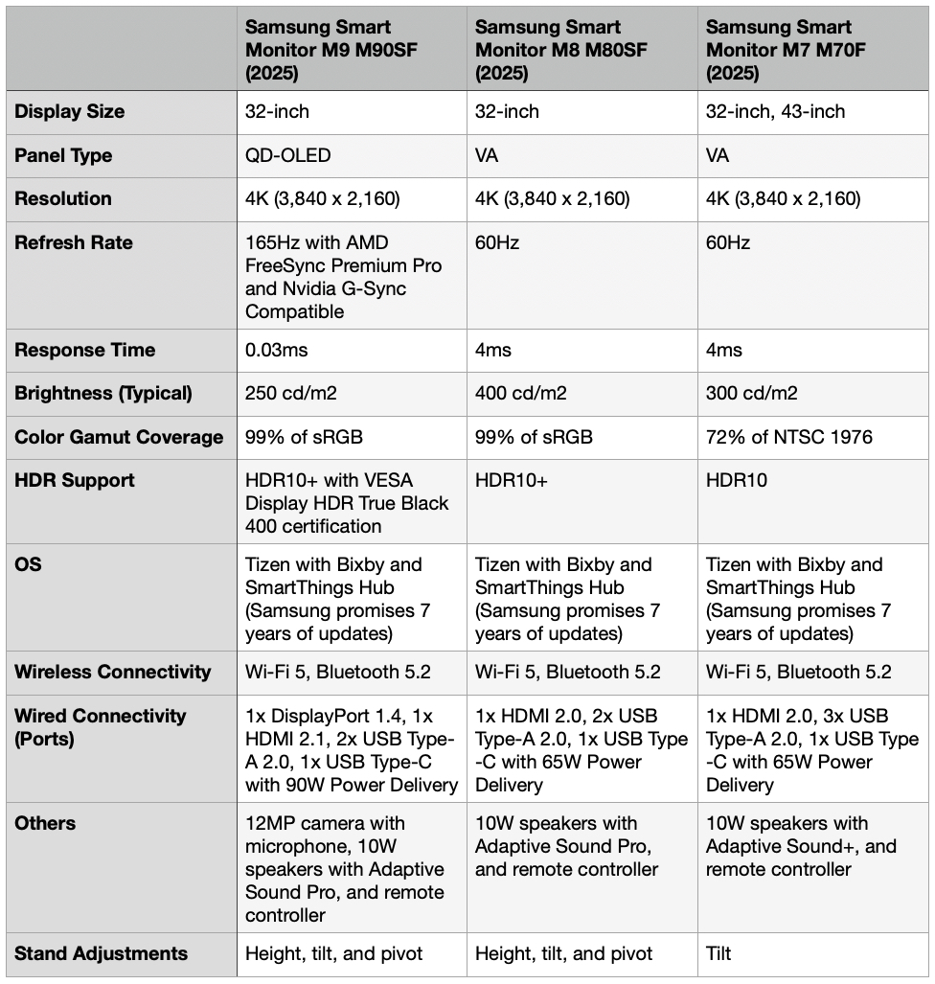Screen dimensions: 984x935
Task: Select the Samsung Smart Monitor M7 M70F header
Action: pos(778,50)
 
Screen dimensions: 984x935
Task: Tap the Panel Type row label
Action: pos(63,155)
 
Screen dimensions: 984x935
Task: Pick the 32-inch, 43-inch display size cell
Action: pos(775,111)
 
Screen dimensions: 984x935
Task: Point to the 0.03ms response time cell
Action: pos(277,350)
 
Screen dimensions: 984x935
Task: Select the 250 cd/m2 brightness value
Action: pos(291,393)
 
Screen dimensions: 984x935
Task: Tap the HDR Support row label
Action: pos(75,480)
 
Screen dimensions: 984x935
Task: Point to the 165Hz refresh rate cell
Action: pos(343,277)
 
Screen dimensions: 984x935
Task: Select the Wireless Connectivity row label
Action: pos(113,672)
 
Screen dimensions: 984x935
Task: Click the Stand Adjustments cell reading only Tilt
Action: pos(718,953)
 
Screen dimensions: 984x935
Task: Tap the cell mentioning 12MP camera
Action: pos(344,868)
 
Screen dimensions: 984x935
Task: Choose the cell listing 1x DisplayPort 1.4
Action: pos(351,750)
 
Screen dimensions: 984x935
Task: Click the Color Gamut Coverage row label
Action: pos(119,437)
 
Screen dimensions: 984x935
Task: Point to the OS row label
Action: pos(29,564)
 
